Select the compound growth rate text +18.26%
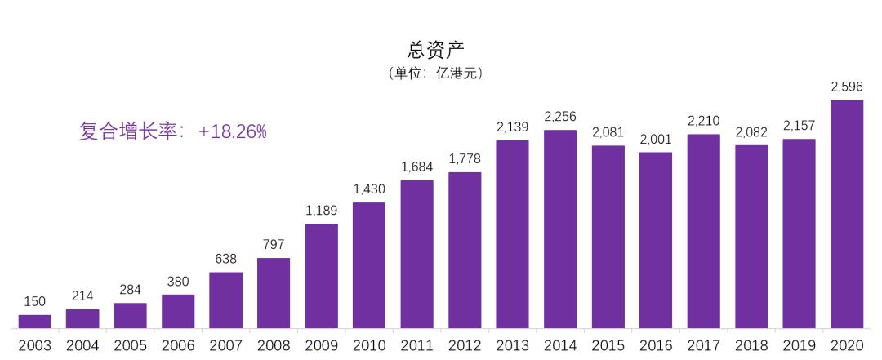tap(173, 131)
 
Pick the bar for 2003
tap(35, 322)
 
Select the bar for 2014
tap(560, 229)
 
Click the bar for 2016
tap(656, 240)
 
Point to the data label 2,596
tap(847, 87)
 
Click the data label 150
tap(35, 301)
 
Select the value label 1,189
tap(322, 210)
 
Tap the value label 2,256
tap(560, 116)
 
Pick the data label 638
tap(225, 259)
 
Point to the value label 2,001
tap(656, 139)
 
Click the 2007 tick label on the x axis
tap(225, 346)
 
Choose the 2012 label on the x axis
tap(465, 346)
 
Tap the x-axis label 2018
tap(751, 346)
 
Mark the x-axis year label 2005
tap(131, 346)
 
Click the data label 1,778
tap(465, 158)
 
